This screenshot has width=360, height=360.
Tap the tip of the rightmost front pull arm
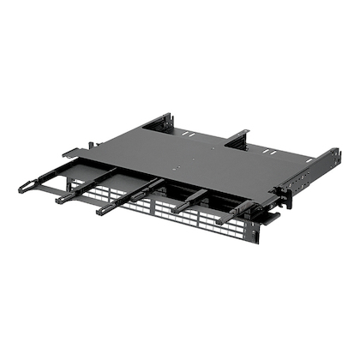pyautogui.click(x=221, y=221)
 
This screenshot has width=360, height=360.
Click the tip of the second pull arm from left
pyautogui.click(x=62, y=200)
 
